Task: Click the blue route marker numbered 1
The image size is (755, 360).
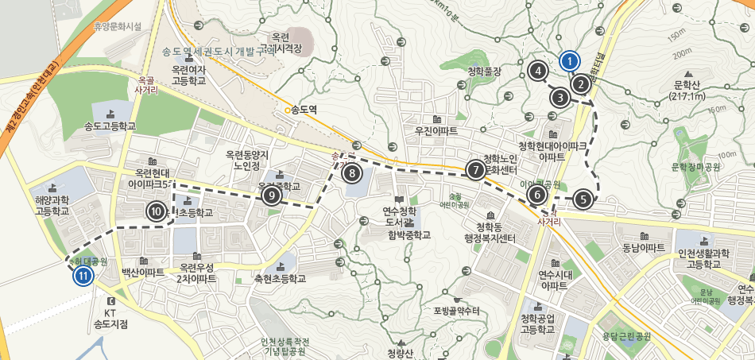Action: [569, 60]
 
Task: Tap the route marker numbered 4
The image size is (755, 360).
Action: [538, 71]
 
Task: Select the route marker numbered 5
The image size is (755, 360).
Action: [583, 199]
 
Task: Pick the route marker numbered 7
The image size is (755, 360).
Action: [474, 169]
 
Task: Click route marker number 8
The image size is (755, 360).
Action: [351, 172]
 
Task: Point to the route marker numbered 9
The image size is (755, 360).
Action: [271, 195]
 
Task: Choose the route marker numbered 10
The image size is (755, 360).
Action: [156, 211]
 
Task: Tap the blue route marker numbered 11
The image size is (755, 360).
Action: [83, 277]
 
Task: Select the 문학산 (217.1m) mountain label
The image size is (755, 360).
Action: [688, 91]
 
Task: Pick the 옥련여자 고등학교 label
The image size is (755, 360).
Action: [194, 75]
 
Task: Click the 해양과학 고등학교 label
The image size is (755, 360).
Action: [52, 207]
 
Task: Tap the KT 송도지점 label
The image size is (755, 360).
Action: [110, 318]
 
